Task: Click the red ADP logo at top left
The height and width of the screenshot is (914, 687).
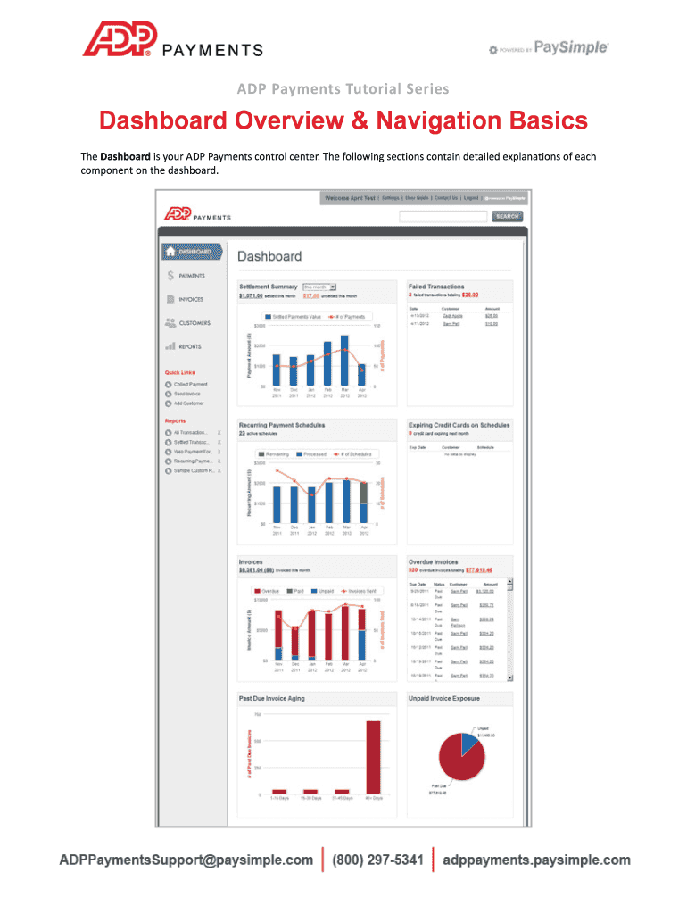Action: click(120, 39)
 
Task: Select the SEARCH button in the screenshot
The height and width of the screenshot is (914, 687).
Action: click(507, 216)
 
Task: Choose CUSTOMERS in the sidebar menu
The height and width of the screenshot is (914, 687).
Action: click(194, 323)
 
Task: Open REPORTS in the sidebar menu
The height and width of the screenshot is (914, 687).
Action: click(189, 346)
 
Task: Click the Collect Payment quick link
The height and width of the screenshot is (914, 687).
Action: click(191, 384)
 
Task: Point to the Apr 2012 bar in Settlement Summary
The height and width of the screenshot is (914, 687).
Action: click(361, 375)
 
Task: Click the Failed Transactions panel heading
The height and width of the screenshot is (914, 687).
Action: click(437, 287)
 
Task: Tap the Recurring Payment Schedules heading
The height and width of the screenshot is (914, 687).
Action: click(282, 425)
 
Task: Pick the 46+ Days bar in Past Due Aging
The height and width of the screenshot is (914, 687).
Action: click(373, 757)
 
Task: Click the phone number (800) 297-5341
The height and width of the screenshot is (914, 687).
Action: click(377, 860)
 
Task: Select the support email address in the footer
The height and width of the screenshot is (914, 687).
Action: click(186, 860)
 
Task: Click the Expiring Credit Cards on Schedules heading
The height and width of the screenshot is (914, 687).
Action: click(459, 425)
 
